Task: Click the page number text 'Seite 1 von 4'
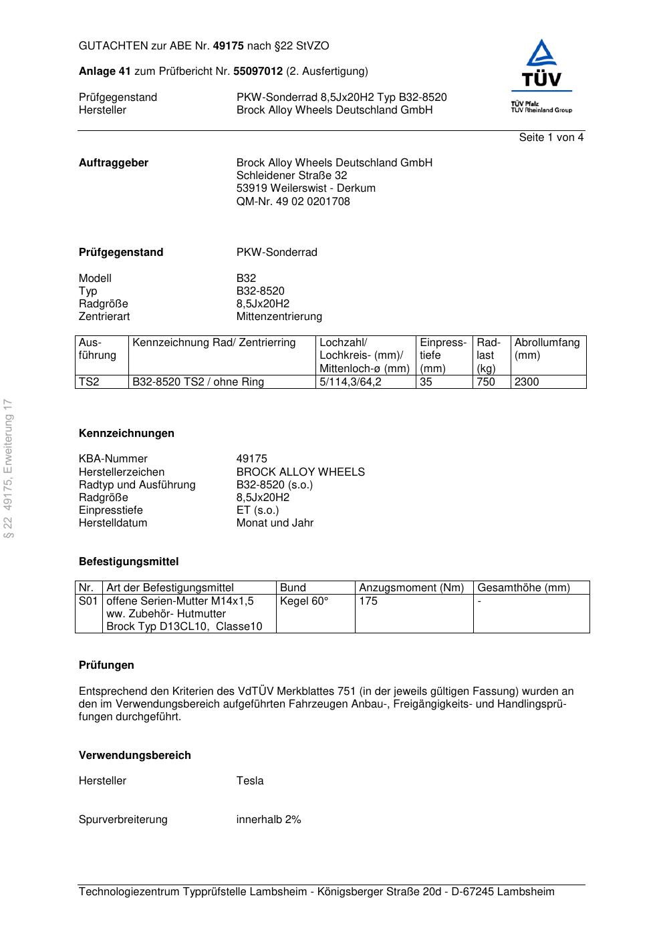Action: tap(551, 138)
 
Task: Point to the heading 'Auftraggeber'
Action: tap(114, 163)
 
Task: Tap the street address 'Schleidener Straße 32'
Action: tap(291, 176)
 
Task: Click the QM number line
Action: tap(293, 201)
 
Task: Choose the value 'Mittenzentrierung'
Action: tap(279, 317)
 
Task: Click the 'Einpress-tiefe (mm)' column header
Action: tap(442, 355)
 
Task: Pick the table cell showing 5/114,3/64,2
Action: tap(350, 382)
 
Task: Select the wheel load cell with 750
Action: tap(486, 382)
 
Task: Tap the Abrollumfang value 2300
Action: tap(526, 382)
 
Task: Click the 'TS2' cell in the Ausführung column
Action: tap(88, 382)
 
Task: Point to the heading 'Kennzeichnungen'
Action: tap(126, 434)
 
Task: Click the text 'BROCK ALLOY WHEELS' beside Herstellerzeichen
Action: tap(300, 472)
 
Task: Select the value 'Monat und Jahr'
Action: tap(275, 523)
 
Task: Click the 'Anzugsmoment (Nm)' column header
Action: tap(411, 588)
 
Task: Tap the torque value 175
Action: tap(368, 601)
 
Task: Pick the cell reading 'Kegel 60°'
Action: tap(304, 601)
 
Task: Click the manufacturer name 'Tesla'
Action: tap(250, 781)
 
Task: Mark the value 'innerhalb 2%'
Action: tap(269, 820)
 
